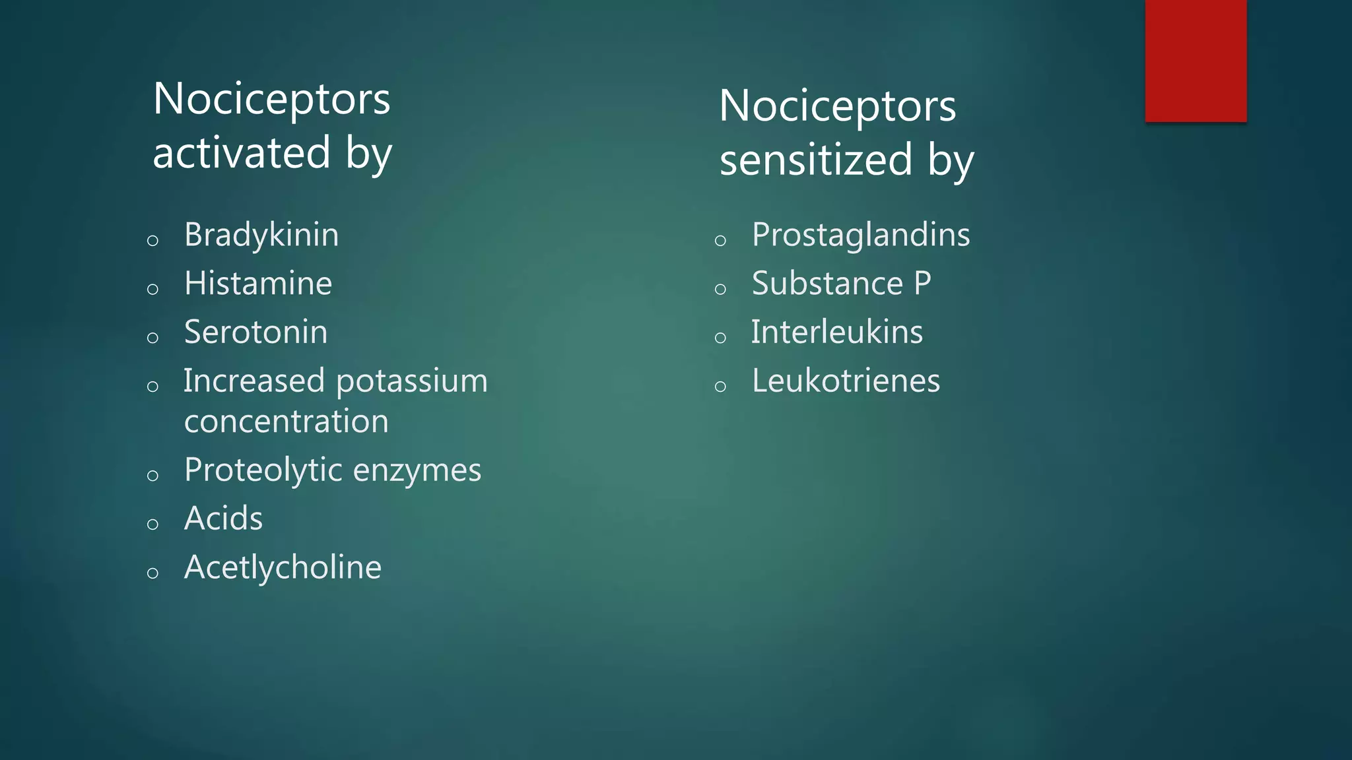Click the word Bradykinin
(x=261, y=235)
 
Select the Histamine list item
(x=258, y=284)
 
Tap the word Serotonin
(x=255, y=332)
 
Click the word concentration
(x=287, y=422)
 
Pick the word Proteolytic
(x=262, y=471)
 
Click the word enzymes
(x=417, y=471)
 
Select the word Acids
(x=223, y=519)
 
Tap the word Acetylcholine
(x=283, y=567)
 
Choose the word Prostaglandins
(x=861, y=236)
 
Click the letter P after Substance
(x=922, y=284)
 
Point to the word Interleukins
(x=837, y=332)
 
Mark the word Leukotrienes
(x=846, y=381)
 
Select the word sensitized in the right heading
(x=816, y=160)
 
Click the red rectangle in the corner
(x=1196, y=61)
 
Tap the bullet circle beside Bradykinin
(x=152, y=240)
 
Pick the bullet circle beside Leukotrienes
(x=720, y=387)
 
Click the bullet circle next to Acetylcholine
(x=152, y=573)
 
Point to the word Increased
(x=254, y=381)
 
